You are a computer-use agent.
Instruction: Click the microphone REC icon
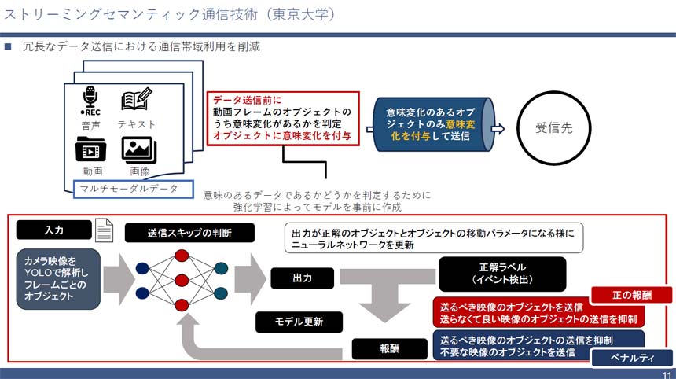[x=90, y=100]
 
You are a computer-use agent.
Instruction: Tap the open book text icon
[x=136, y=100]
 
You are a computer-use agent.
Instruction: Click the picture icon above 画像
[x=138, y=149]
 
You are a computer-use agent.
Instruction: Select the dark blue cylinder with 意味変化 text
[x=432, y=125]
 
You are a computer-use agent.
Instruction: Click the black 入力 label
[x=54, y=230]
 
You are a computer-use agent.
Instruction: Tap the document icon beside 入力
[x=104, y=230]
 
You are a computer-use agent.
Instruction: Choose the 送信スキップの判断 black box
[x=189, y=233]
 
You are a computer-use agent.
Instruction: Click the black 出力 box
[x=303, y=278]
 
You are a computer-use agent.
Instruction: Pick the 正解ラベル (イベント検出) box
[x=501, y=274]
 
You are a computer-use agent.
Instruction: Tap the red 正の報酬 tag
[x=641, y=296]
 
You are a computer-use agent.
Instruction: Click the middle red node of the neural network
[x=182, y=280]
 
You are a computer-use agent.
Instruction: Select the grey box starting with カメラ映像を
[x=57, y=279]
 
